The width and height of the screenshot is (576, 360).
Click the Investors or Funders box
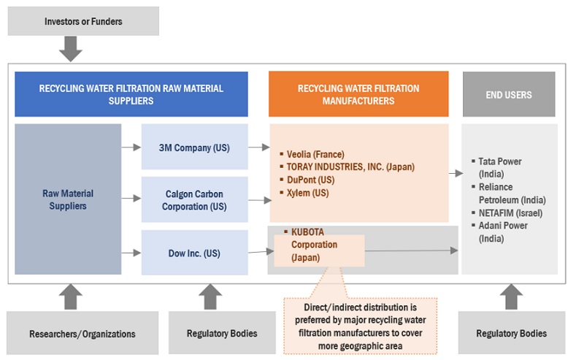(82, 22)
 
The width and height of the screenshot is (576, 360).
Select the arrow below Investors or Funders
(71, 49)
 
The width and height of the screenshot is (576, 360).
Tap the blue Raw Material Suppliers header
(131, 94)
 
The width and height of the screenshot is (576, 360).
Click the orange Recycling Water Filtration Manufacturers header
(358, 94)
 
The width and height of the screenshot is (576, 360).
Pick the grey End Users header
(509, 94)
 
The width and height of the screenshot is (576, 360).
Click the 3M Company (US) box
(194, 148)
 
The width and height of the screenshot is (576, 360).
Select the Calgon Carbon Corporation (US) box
(194, 199)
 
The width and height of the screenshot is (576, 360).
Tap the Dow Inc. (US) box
(194, 253)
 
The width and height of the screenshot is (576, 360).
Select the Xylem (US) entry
(307, 193)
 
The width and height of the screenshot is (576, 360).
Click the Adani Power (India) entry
(502, 231)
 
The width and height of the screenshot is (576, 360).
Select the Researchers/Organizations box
(82, 334)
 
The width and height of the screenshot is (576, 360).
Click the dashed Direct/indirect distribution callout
(360, 322)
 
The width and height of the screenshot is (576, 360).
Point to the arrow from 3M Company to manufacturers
(258, 148)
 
